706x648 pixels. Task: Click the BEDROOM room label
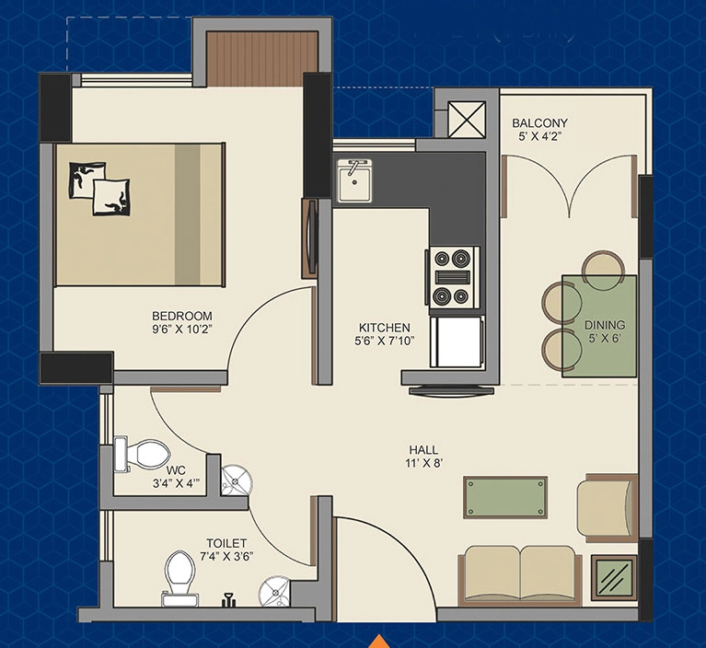182,316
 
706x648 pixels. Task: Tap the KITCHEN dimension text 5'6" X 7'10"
384,341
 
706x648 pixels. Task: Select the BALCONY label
540,122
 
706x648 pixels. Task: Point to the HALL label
423,449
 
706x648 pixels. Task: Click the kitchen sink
354,181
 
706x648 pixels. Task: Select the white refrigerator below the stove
457,341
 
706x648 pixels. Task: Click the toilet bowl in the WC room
143,454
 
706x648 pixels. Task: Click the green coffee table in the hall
505,497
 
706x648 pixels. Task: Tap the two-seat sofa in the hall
520,576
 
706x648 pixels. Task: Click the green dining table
599,326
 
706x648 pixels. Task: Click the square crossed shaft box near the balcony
468,120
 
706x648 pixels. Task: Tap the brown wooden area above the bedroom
262,59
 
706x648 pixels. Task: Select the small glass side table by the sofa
614,578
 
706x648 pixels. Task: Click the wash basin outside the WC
237,480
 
